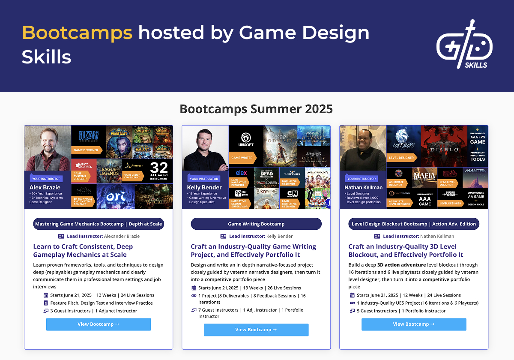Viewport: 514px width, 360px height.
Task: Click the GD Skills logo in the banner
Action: (464, 45)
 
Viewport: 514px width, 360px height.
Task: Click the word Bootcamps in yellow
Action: (77, 33)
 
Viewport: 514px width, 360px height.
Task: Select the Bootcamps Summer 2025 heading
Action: (256, 108)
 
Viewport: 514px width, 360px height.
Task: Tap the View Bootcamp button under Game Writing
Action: (256, 330)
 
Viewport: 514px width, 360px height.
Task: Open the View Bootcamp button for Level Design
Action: (414, 324)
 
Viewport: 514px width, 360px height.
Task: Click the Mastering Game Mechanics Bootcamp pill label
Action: (99, 224)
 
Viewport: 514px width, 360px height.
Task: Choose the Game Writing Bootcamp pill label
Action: (256, 224)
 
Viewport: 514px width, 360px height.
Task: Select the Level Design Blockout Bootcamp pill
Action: (414, 224)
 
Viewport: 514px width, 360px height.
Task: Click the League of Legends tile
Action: (109, 171)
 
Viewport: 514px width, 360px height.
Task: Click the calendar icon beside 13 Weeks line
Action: (194, 288)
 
